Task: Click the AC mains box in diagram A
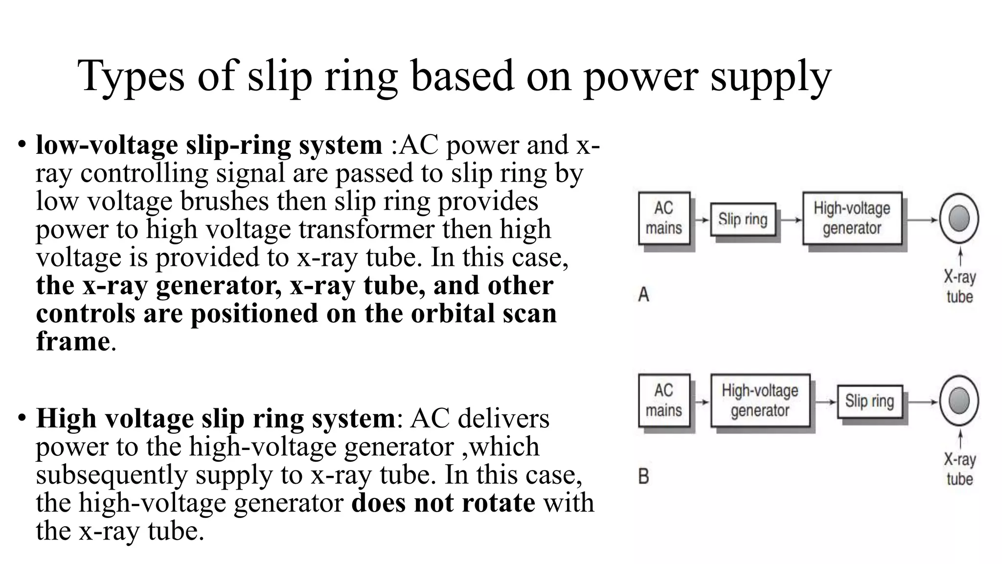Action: [664, 218]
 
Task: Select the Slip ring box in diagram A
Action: [743, 219]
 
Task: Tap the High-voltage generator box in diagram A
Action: [852, 218]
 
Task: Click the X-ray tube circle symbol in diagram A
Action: [959, 218]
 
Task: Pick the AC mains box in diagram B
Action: [664, 400]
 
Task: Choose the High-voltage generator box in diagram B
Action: [760, 400]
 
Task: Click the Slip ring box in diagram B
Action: [869, 401]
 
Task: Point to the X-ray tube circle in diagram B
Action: [959, 400]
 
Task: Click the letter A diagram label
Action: [644, 295]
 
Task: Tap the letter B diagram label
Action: [644, 476]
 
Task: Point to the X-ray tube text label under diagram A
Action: [959, 287]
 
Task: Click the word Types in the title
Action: [131, 76]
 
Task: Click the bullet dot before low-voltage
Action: [21, 145]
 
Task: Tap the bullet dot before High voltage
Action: [21, 419]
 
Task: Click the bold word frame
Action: [72, 341]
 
